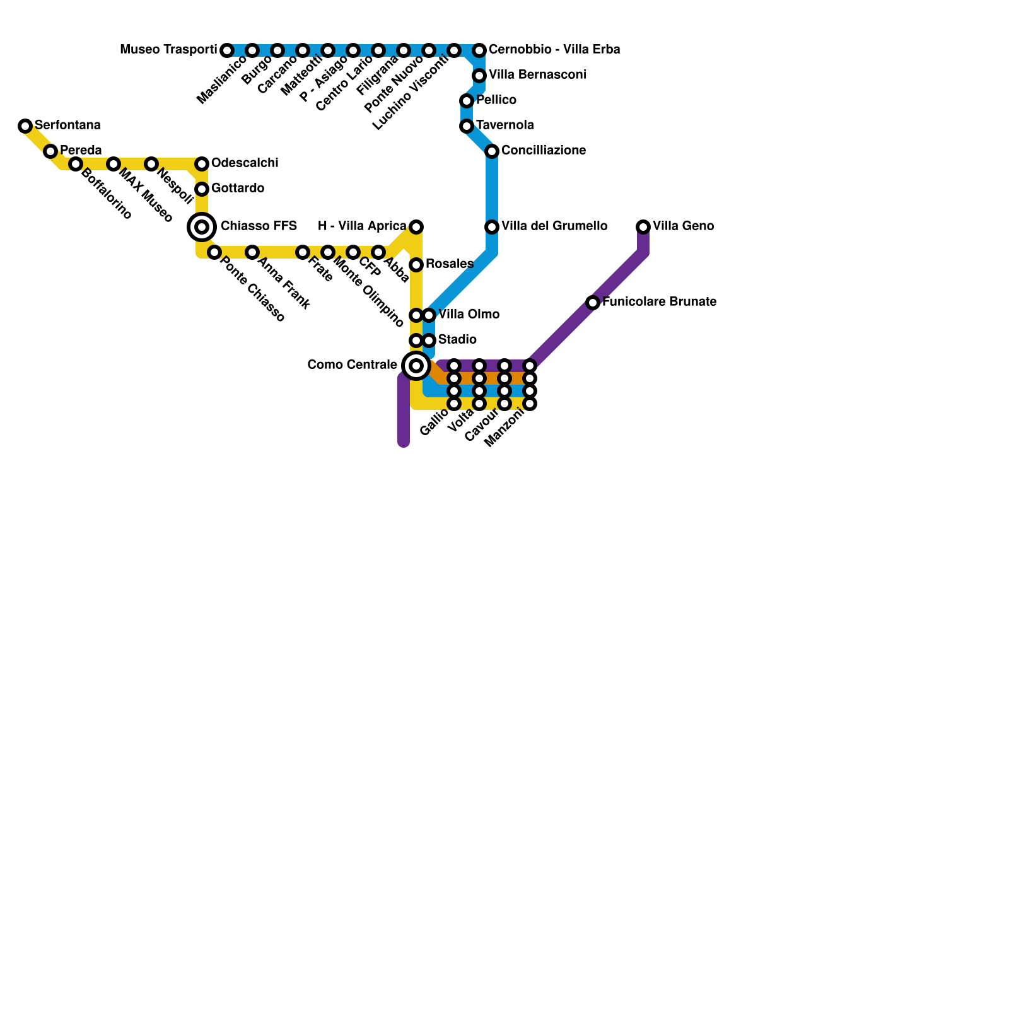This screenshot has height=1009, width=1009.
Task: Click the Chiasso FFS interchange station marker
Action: (202, 227)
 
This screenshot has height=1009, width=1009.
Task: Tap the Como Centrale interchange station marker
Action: (416, 366)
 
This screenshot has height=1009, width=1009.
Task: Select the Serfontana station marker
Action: (25, 126)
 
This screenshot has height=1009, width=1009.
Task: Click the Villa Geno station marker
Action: (643, 227)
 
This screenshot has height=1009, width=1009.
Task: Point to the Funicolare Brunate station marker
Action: (593, 303)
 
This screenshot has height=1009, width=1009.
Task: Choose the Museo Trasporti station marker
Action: (227, 50)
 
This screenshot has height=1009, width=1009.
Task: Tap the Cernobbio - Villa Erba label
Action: (554, 49)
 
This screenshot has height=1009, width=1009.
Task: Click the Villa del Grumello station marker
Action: (492, 227)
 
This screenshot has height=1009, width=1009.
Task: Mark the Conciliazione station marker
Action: (492, 151)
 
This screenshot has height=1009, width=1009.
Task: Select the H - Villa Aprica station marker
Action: (416, 227)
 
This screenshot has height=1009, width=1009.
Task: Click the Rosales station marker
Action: (416, 265)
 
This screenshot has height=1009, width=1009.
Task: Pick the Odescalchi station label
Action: (245, 163)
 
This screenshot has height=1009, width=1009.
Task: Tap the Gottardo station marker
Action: (202, 189)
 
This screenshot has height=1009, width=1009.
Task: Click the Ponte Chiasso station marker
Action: (214, 252)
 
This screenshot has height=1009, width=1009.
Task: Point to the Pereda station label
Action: (81, 151)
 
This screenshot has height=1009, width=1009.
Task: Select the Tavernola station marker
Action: (467, 126)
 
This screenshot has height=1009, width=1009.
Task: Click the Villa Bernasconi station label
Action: (537, 75)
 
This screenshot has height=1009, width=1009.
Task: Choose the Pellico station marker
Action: (467, 101)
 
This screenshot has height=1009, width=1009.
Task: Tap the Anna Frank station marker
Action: (252, 252)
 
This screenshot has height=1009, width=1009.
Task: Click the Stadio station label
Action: (457, 340)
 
